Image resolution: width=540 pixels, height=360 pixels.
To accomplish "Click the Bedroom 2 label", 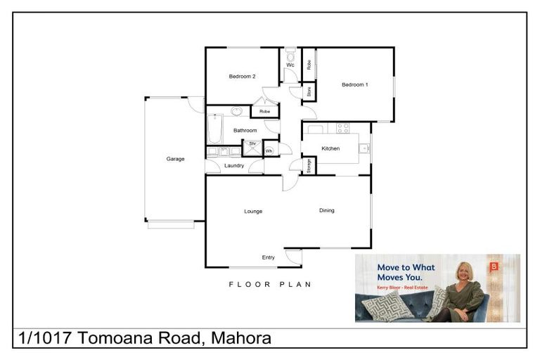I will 242,77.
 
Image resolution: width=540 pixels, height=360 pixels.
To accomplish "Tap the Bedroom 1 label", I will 355,85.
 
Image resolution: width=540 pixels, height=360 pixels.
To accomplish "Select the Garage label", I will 175,159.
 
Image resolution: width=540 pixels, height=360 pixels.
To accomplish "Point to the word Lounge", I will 253,211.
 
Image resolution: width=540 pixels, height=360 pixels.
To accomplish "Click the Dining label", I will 327,210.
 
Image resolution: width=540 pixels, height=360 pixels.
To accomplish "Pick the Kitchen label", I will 330,148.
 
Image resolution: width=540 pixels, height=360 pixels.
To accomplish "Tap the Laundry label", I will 234,166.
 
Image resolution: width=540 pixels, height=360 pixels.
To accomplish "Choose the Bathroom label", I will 245,130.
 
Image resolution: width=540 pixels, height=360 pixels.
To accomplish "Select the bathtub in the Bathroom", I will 215,129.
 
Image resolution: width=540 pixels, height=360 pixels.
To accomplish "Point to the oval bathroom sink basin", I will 238,111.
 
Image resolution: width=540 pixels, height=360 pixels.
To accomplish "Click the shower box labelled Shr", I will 252,146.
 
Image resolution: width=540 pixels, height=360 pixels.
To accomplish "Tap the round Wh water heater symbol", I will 269,150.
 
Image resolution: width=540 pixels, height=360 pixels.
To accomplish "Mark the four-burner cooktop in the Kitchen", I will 343,128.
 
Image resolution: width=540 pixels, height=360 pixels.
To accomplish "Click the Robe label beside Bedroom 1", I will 309,64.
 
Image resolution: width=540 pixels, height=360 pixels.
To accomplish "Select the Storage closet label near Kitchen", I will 309,165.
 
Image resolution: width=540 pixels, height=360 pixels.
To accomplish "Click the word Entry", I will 269,257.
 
